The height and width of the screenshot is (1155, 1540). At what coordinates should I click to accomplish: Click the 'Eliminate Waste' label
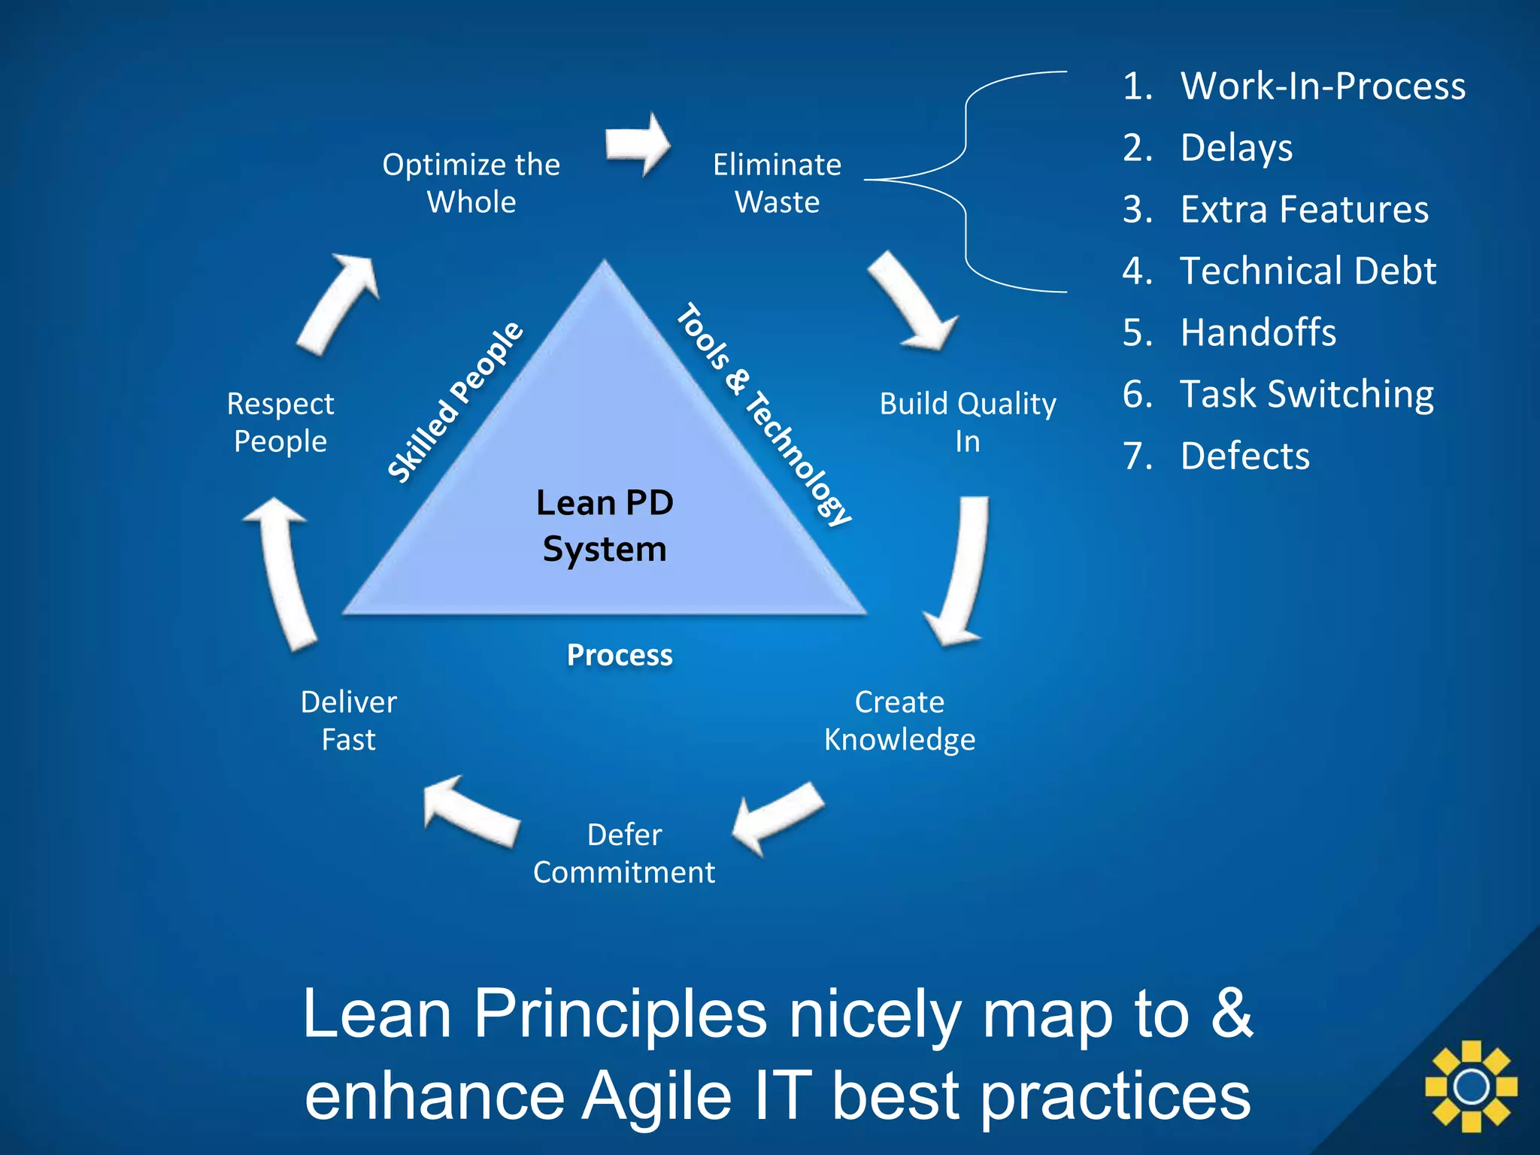[x=777, y=183]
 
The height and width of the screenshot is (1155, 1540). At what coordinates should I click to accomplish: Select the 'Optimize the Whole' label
[x=471, y=183]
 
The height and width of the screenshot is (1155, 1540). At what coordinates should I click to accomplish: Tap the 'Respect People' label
[x=280, y=422]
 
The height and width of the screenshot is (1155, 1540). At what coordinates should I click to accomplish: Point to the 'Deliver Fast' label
[x=349, y=720]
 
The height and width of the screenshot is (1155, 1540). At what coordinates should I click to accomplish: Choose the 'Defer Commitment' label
[x=624, y=853]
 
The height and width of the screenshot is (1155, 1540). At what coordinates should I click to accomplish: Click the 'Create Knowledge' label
[x=899, y=720]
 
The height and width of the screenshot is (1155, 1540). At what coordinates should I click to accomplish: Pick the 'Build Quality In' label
[x=968, y=422]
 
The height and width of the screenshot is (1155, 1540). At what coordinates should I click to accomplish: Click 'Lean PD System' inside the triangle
[x=605, y=525]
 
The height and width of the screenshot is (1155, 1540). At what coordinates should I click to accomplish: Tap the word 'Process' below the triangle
[x=620, y=655]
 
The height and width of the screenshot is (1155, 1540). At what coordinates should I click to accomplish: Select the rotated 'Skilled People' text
[x=455, y=402]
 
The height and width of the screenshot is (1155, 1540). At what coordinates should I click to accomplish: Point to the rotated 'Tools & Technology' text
[x=763, y=414]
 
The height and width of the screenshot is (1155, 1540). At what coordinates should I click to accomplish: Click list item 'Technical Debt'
[x=1308, y=271]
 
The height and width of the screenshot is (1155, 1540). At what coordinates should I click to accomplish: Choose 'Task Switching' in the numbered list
[x=1307, y=394]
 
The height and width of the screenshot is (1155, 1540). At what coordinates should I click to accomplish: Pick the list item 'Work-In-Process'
[x=1323, y=86]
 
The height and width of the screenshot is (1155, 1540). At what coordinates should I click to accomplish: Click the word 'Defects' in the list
[x=1245, y=456]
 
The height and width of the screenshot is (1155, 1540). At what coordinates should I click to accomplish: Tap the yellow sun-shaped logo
[x=1471, y=1086]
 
